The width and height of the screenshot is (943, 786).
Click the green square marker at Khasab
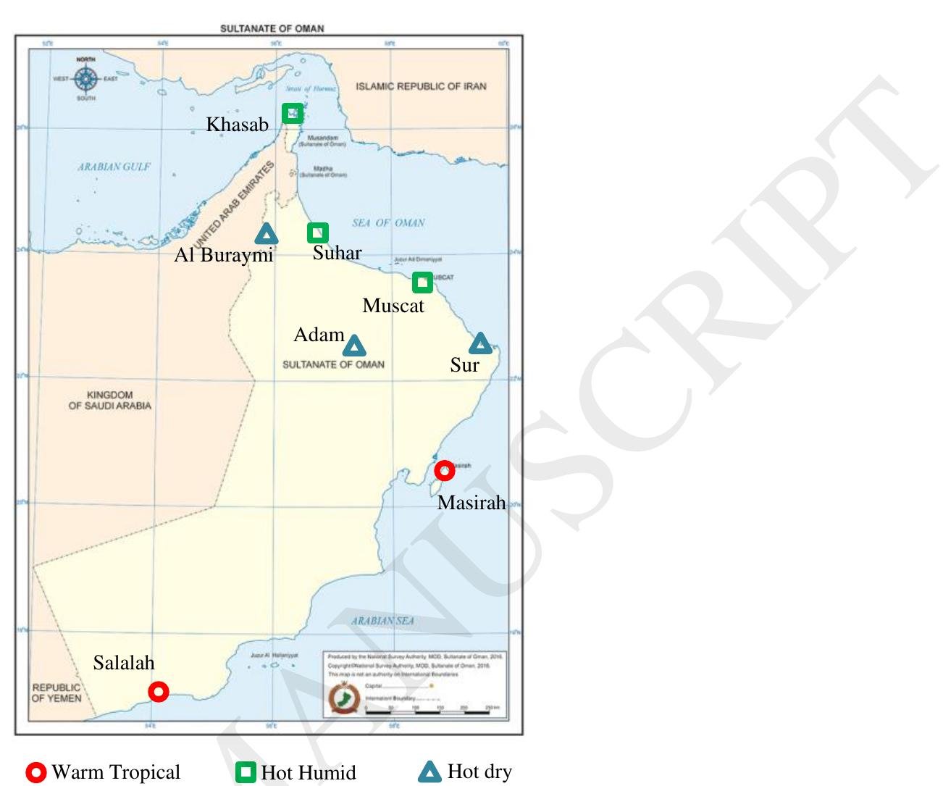pos(293,113)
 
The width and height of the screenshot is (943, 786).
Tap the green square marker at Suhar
pos(318,233)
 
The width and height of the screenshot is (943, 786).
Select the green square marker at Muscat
pos(422,283)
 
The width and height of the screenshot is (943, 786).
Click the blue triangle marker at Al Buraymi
pos(267,234)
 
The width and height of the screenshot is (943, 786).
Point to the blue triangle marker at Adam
pos(354,346)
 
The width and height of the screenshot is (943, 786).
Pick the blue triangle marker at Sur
pos(480,343)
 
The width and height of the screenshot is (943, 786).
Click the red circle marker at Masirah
pos(445,471)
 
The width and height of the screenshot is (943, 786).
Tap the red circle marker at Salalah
pos(159,692)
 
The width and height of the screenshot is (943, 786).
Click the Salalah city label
pos(124,662)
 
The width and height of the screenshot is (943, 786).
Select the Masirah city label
pos(471,503)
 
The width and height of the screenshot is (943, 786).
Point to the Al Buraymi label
pos(223,255)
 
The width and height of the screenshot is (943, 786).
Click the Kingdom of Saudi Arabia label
pos(110,401)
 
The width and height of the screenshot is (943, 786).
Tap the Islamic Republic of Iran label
pos(421,86)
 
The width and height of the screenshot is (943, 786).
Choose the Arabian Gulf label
pos(114,167)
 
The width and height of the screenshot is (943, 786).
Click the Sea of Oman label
pos(388,223)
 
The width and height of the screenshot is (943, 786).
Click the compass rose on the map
pos(86,78)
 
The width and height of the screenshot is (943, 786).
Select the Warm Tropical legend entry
pos(103,772)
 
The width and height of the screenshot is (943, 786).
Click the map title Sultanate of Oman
pos(272,29)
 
